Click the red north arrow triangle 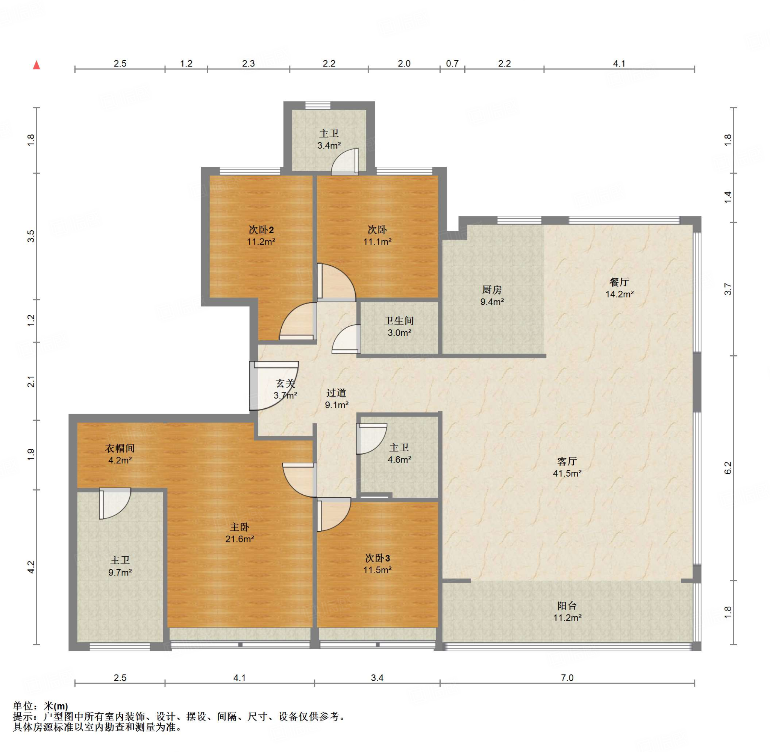[36, 65]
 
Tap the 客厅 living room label [567, 461]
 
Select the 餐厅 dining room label [619, 282]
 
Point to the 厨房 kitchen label [492, 290]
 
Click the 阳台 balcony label [567, 606]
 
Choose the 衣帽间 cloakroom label [120, 448]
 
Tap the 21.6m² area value [239, 539]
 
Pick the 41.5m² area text [567, 473]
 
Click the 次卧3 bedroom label [377, 558]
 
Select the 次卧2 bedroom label [261, 230]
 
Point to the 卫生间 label [399, 321]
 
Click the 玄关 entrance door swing [274, 386]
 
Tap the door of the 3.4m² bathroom [345, 162]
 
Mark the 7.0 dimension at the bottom [567, 678]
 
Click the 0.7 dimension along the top [452, 63]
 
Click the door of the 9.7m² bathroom [115, 503]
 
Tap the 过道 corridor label [336, 393]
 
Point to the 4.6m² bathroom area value [399, 459]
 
